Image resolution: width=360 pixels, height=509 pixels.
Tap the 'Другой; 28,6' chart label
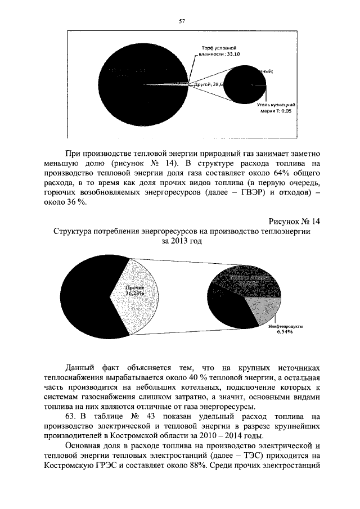[209, 84]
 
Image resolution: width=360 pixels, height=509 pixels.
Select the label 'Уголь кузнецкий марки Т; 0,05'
[276, 108]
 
